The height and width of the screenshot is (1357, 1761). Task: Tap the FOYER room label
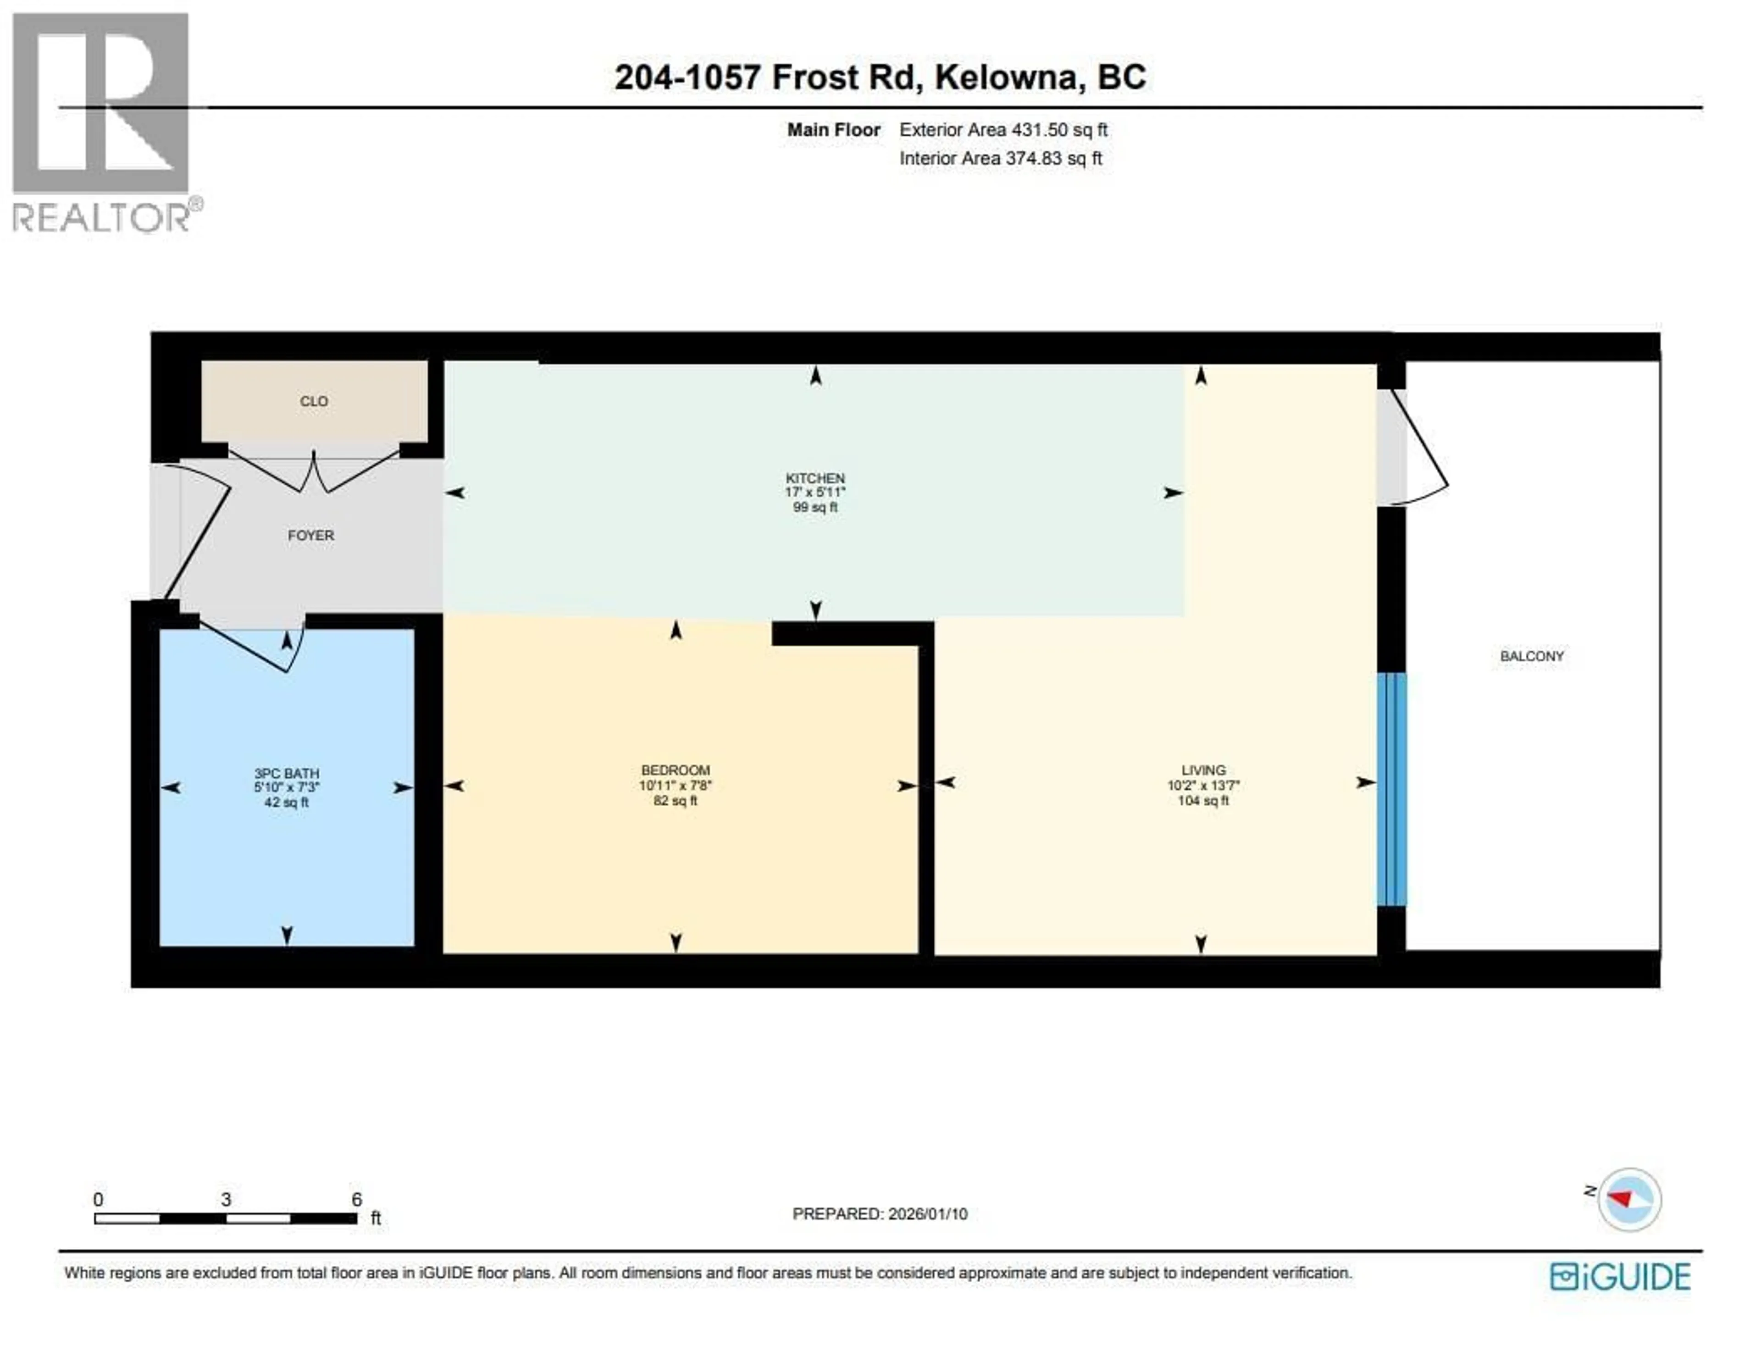coord(310,535)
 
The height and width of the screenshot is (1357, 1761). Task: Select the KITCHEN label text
coord(815,478)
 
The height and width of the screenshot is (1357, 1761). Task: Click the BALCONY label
coord(1531,656)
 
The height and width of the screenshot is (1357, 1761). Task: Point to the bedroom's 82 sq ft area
coord(675,801)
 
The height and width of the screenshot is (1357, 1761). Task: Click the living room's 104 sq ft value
coord(1203,801)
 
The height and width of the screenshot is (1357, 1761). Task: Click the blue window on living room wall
coord(1391,788)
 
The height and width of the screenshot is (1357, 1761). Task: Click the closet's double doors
coord(314,474)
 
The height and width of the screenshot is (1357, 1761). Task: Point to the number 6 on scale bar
coord(356,1199)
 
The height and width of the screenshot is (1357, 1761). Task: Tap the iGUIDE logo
coord(1619,1276)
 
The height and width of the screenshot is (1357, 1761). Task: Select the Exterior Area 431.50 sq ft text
coord(1003,130)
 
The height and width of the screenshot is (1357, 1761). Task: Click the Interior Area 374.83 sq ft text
coord(1001,158)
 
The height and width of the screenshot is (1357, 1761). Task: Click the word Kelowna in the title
coord(1006,78)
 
